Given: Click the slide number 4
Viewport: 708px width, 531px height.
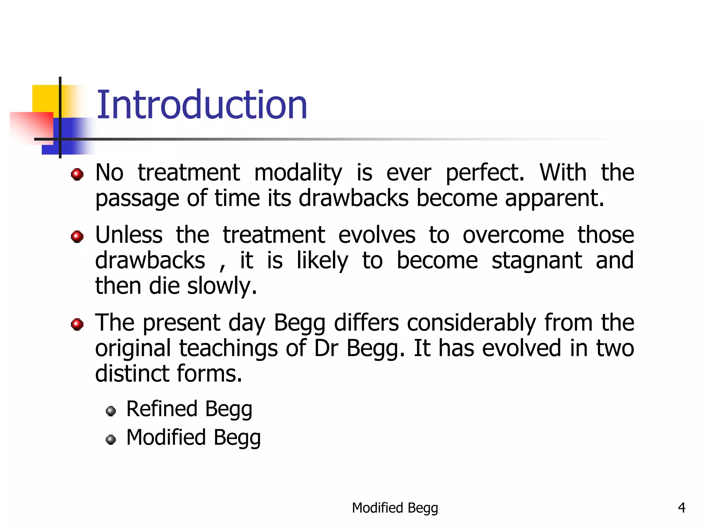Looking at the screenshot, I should (x=681, y=508).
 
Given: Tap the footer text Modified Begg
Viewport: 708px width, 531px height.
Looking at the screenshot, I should (x=395, y=508).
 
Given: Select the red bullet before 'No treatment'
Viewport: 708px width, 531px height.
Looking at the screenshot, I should (x=77, y=174).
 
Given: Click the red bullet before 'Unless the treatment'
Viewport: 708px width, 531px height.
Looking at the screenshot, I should (x=77, y=237).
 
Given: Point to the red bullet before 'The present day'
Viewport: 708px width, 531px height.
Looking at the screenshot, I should (x=77, y=324).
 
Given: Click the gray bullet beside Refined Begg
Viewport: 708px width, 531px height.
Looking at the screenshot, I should (x=111, y=411).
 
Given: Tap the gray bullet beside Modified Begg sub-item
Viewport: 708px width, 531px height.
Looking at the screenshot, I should (x=111, y=439).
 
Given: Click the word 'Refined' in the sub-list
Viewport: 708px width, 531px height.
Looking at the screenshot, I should (x=161, y=409).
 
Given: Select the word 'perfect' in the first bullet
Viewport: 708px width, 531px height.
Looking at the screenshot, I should (x=484, y=173).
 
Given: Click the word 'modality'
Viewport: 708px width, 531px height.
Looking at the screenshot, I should (x=298, y=173).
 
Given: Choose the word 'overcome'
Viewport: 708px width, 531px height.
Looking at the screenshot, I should (x=513, y=235).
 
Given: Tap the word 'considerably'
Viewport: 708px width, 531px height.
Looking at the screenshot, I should (x=472, y=323).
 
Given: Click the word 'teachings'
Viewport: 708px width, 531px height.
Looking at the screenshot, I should (x=228, y=348).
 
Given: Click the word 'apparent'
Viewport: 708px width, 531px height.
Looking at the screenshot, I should (x=554, y=198).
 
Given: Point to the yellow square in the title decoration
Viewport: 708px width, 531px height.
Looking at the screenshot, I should (x=45, y=98).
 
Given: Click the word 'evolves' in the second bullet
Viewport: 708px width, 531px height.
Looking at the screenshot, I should (x=376, y=235).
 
